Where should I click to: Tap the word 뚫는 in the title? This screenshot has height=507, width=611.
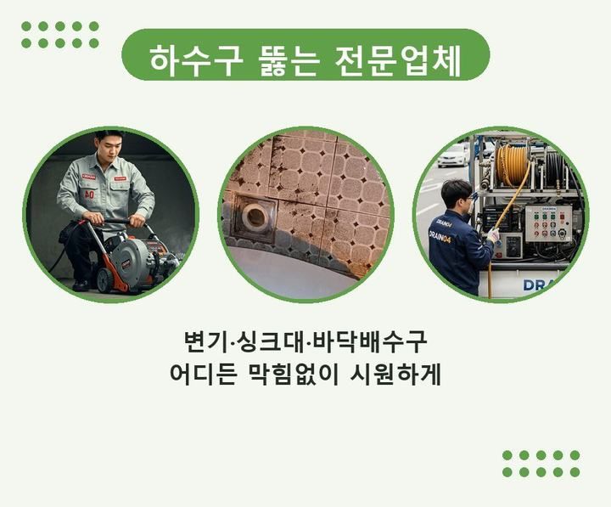(288, 61)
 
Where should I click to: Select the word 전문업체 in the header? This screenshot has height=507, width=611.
(398, 61)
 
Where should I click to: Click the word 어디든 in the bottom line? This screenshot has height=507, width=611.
(204, 375)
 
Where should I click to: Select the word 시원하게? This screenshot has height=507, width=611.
(395, 375)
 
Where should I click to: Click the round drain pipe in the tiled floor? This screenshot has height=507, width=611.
(255, 215)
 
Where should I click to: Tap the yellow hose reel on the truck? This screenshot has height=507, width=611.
(512, 165)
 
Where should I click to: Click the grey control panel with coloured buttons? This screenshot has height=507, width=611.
(548, 223)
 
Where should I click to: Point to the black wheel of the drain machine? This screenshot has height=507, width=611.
(104, 280)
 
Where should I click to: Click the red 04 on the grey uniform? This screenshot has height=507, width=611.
(89, 194)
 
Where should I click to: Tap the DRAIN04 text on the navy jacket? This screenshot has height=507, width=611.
(440, 236)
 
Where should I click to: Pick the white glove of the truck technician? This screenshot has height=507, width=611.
(493, 235)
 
